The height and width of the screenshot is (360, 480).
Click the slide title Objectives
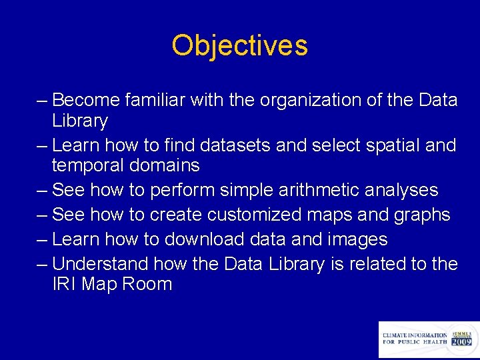point(239,46)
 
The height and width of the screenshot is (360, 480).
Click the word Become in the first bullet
point(86,100)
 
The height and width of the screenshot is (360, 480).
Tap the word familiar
point(155,100)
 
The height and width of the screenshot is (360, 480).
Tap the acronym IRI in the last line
point(65,285)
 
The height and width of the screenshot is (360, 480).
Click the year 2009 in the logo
point(461,341)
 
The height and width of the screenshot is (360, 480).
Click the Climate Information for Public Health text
point(415,339)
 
